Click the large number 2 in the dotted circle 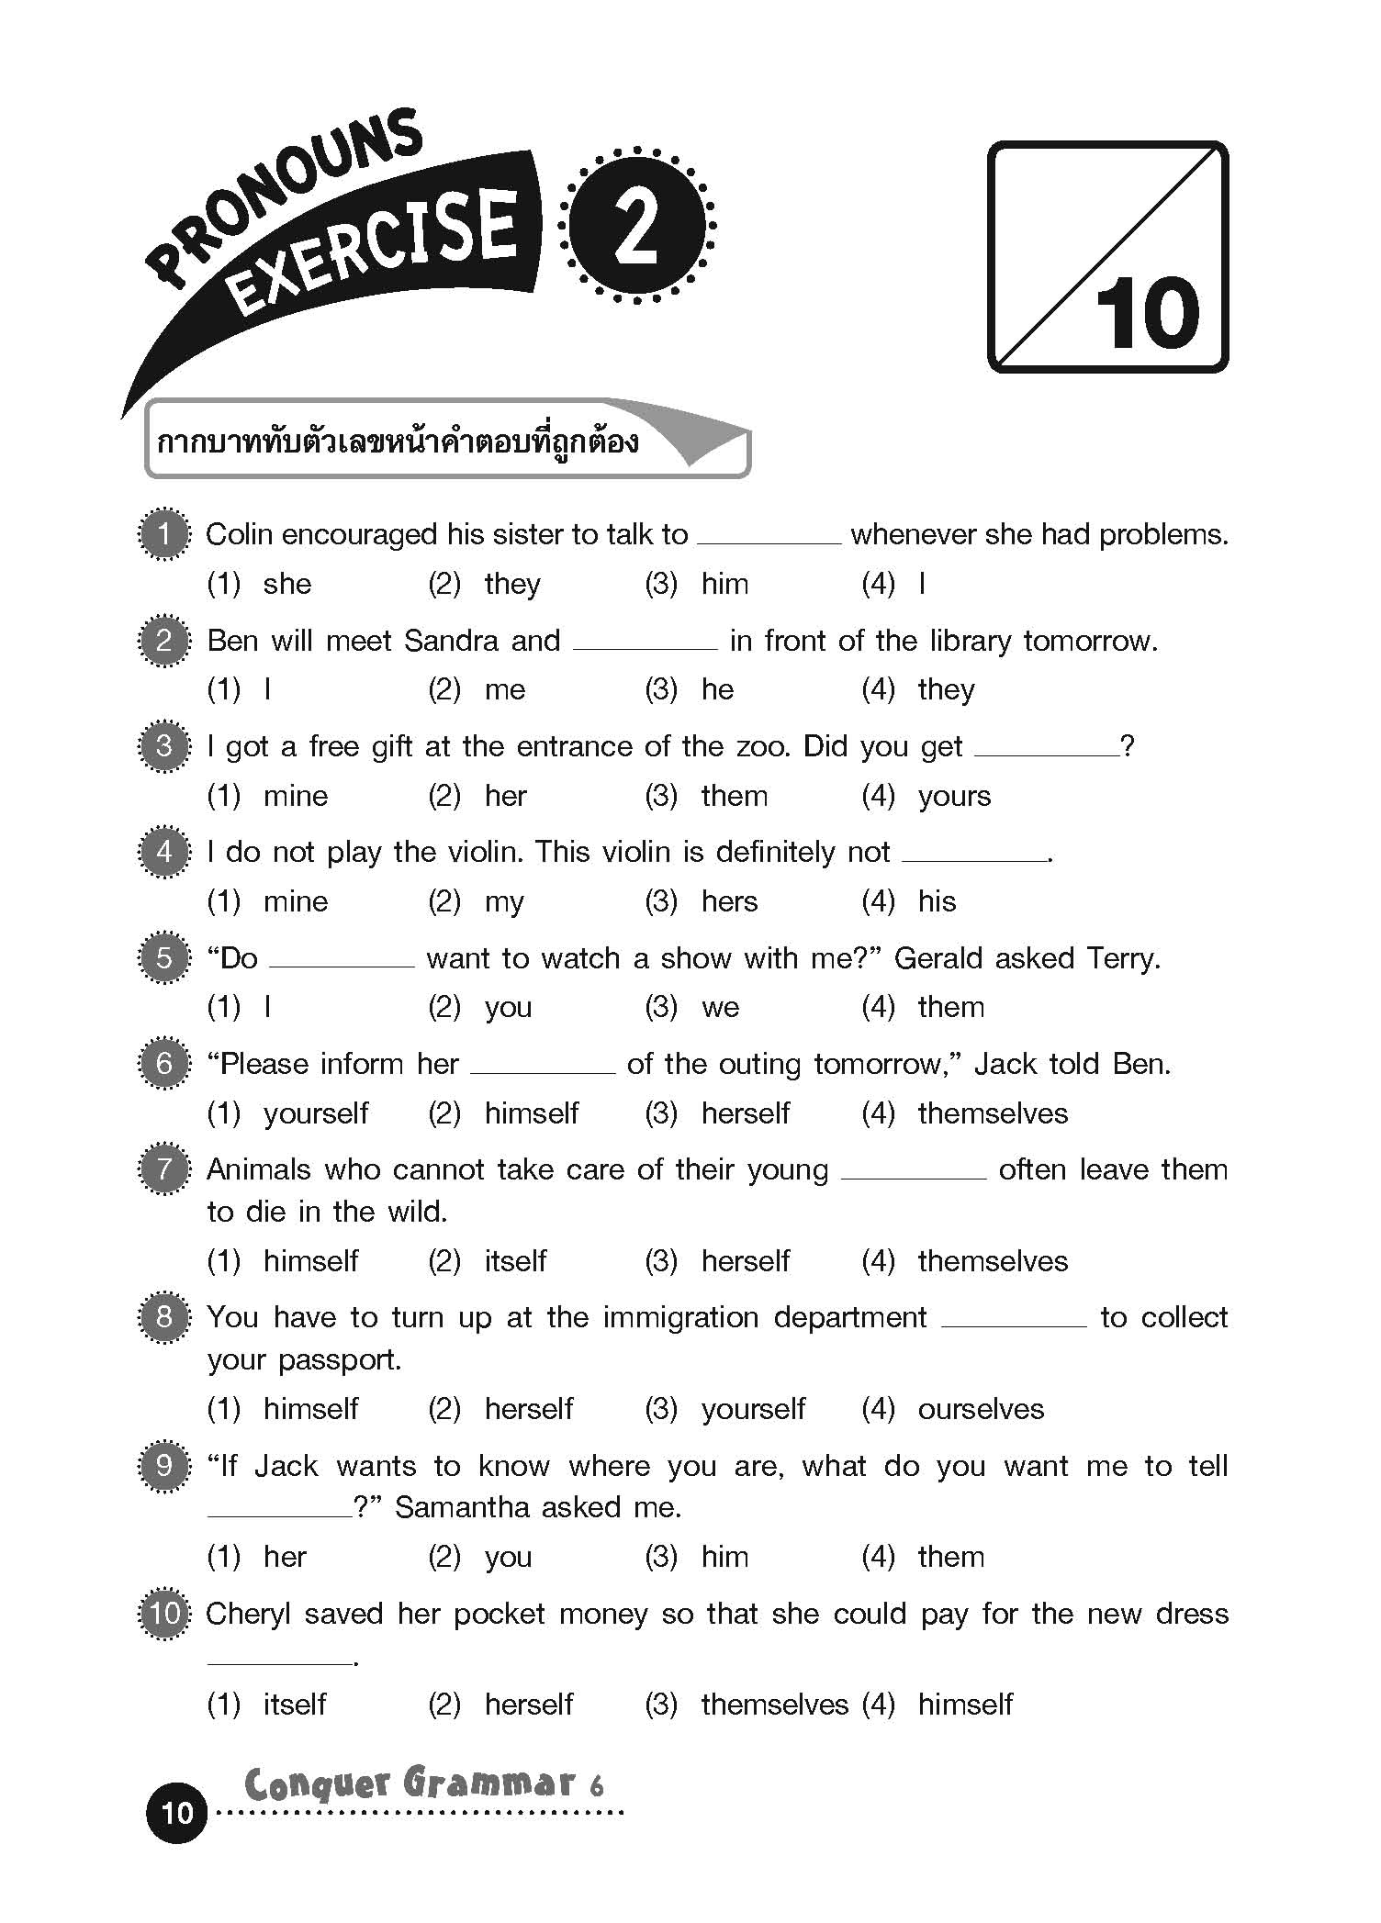637,226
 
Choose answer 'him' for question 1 724,584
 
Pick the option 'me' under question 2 505,690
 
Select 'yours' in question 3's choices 954,796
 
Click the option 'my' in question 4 504,902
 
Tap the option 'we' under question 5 720,1008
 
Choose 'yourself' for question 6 315,1113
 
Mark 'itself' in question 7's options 515,1261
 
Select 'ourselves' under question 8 981,1409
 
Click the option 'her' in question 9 285,1557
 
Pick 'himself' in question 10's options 965,1705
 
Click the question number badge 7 164,1169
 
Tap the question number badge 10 164,1613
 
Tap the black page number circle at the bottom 176,1812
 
